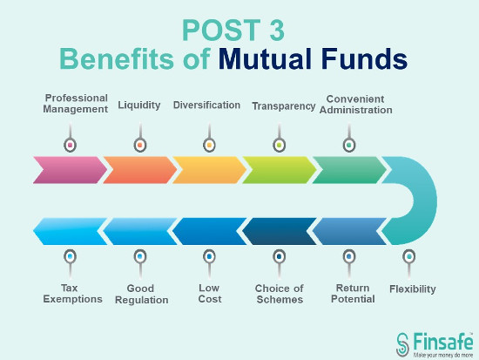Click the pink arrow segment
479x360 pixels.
point(71,170)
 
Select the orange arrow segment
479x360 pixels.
point(140,170)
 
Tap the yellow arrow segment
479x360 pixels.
point(210,170)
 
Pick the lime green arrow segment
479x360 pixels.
point(280,170)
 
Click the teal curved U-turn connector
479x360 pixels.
point(425,200)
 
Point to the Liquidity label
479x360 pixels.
point(139,105)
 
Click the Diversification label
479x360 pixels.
point(206,105)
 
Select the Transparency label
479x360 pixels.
point(284,106)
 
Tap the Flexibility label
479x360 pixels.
point(413,289)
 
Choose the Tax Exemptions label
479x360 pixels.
point(72,294)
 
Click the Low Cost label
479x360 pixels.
point(210,294)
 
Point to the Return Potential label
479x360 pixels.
point(353,294)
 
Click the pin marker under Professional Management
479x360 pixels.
point(71,138)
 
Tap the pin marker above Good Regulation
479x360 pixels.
point(140,264)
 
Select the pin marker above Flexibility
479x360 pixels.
point(409,264)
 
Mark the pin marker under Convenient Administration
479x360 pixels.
point(349,138)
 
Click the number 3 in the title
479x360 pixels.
point(277,30)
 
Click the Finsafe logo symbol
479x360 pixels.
point(402,344)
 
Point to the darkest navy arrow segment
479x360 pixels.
point(280,231)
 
